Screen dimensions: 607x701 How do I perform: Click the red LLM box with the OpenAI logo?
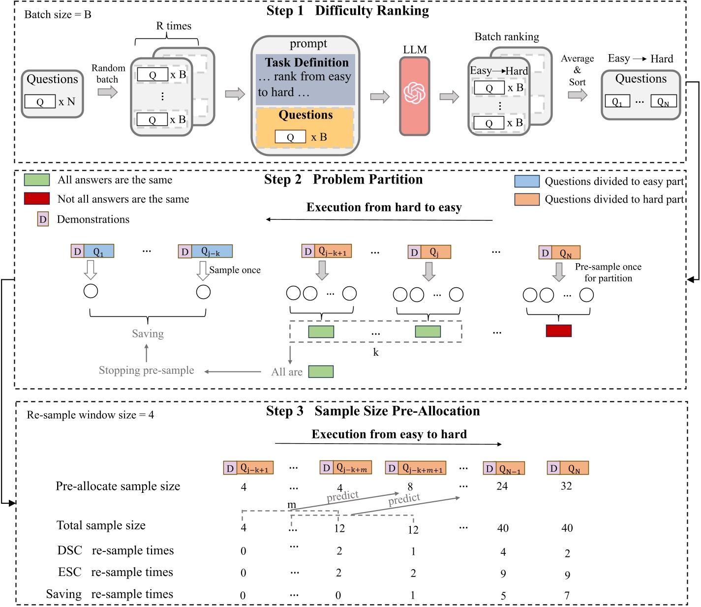pos(415,96)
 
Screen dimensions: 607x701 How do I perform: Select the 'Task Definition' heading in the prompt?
pos(307,62)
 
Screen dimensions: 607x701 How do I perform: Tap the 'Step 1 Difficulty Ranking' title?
pos(347,11)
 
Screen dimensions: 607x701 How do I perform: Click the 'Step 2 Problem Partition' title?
pos(343,180)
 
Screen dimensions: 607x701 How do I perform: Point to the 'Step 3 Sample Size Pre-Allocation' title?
pos(373,411)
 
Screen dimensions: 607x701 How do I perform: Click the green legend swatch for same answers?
pos(37,180)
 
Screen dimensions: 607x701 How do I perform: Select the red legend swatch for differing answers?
pos(37,199)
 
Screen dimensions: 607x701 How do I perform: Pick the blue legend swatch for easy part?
pos(527,182)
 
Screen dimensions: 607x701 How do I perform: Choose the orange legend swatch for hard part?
pos(527,199)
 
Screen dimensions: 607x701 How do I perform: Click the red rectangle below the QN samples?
pos(558,331)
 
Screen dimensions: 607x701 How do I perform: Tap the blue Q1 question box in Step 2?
pos(99,251)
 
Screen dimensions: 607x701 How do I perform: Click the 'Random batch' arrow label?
pos(108,74)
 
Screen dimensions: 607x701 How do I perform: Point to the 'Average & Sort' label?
pos(577,70)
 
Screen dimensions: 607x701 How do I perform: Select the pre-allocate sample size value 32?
pos(566,486)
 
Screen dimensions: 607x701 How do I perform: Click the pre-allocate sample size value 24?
pos(502,486)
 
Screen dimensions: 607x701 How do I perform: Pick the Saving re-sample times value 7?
pos(567,596)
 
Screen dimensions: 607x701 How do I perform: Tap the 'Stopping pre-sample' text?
pos(147,370)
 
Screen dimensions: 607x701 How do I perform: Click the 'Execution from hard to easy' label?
pos(384,208)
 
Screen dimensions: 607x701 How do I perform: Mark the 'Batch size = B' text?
pos(58,15)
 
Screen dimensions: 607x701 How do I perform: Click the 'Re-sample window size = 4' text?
pos(90,415)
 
